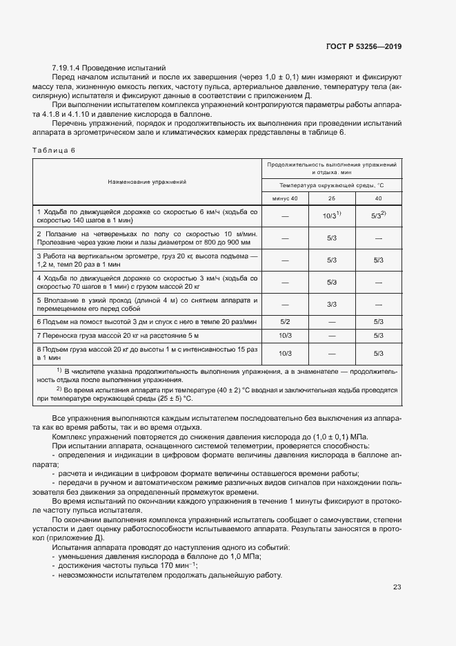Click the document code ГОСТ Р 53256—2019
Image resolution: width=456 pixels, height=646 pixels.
pos(364,46)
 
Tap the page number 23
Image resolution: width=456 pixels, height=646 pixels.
pos(397,587)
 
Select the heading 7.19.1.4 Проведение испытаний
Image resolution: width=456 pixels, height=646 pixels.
pos(109,68)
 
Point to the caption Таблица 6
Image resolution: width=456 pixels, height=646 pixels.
pos(53,150)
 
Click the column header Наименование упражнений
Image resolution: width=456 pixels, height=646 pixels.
pos(147,182)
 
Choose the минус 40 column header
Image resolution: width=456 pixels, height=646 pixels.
pos(284,198)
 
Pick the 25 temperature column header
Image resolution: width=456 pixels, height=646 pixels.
pos(331,198)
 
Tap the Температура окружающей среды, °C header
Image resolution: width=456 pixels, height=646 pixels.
pos(331,186)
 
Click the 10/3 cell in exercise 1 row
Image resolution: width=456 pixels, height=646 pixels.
pos(330,216)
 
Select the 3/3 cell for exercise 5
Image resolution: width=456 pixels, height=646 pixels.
pos(331,304)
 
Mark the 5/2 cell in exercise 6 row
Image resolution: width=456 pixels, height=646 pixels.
pos(284,321)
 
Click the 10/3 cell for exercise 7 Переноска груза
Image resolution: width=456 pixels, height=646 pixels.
pos(284,335)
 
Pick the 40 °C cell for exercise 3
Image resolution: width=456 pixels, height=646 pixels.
pos(378,260)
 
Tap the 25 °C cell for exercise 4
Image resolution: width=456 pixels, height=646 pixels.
pos(331,282)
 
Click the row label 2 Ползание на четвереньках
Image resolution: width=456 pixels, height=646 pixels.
pos(147,238)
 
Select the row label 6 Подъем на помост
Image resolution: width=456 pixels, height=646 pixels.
pos(147,321)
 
